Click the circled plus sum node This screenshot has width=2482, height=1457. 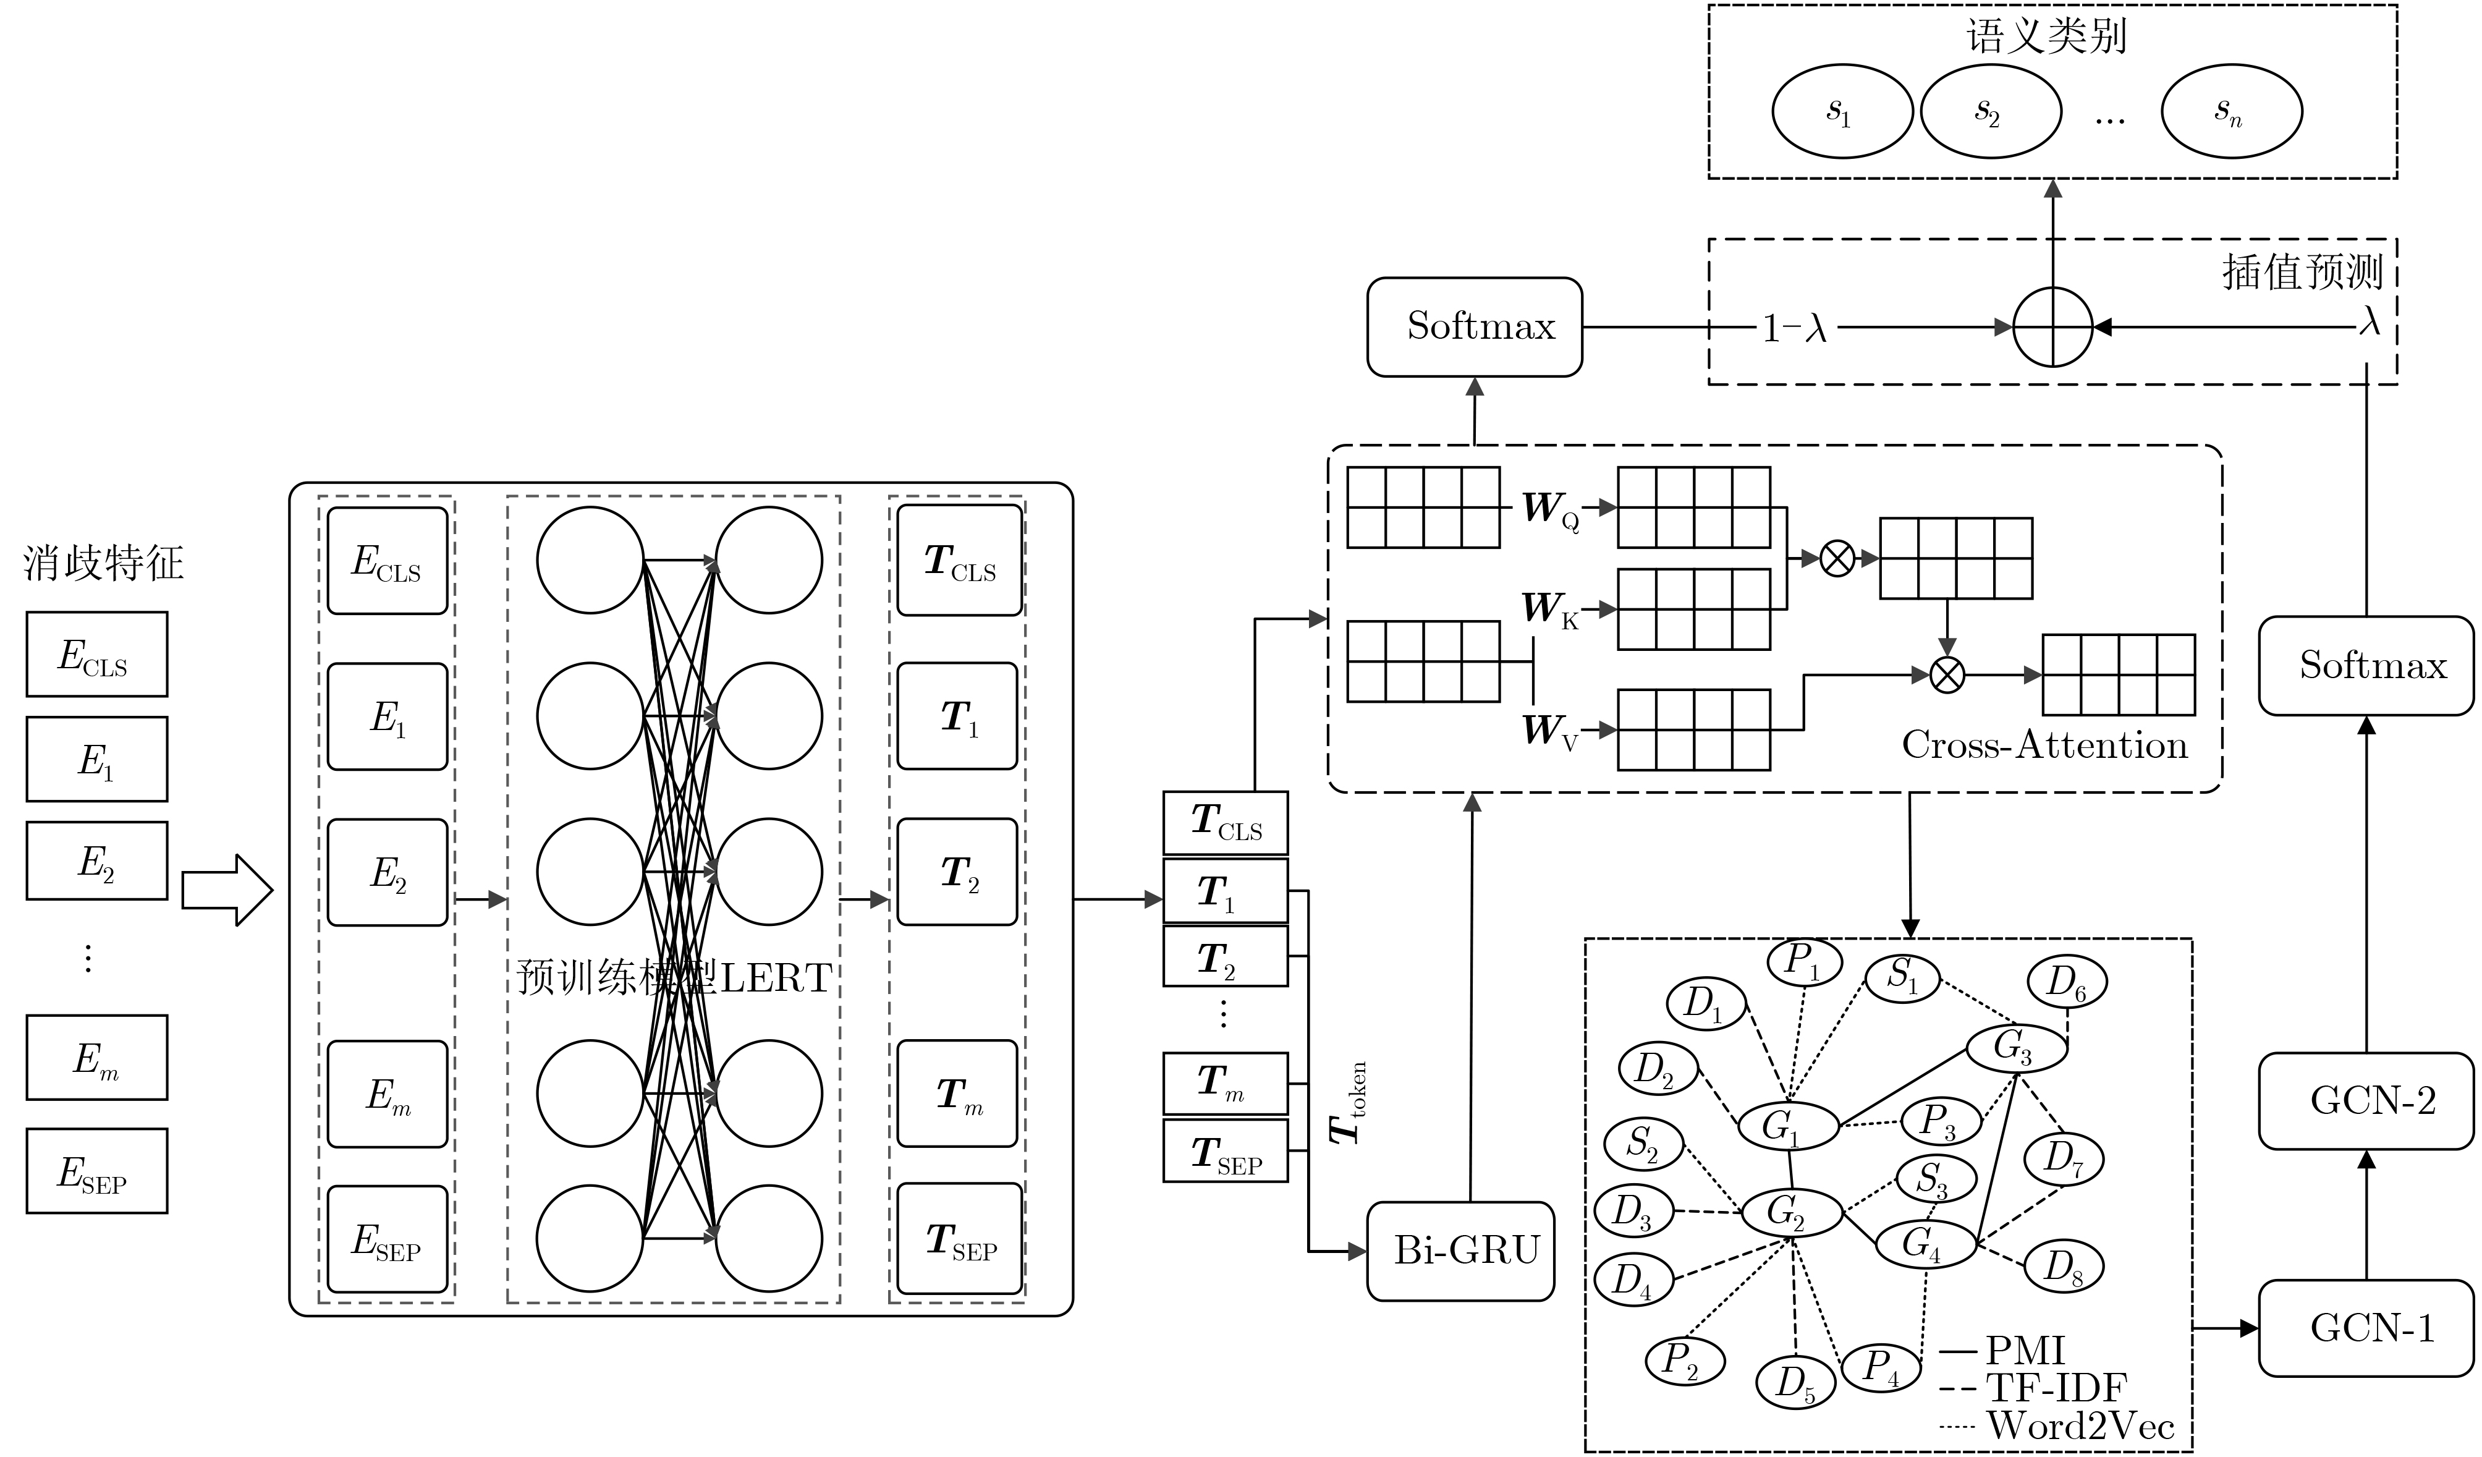click(x=2052, y=327)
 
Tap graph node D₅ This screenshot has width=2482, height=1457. click(x=1795, y=1382)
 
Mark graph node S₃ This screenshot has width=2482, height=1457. click(x=1936, y=1179)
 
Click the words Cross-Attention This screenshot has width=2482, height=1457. click(x=2044, y=745)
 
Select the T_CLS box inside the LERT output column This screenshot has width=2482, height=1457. click(x=959, y=561)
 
